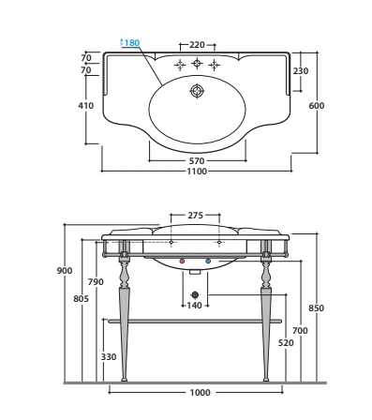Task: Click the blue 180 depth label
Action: coord(130,42)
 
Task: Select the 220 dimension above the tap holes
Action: coord(197,45)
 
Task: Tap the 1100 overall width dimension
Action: coord(197,172)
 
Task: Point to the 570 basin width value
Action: coord(197,161)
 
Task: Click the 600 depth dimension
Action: coord(317,106)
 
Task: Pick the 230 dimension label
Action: coord(301,71)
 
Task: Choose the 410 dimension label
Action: coord(85,106)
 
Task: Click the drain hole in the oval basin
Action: coord(197,91)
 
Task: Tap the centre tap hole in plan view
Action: coord(197,64)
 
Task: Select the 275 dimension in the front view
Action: coord(195,216)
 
